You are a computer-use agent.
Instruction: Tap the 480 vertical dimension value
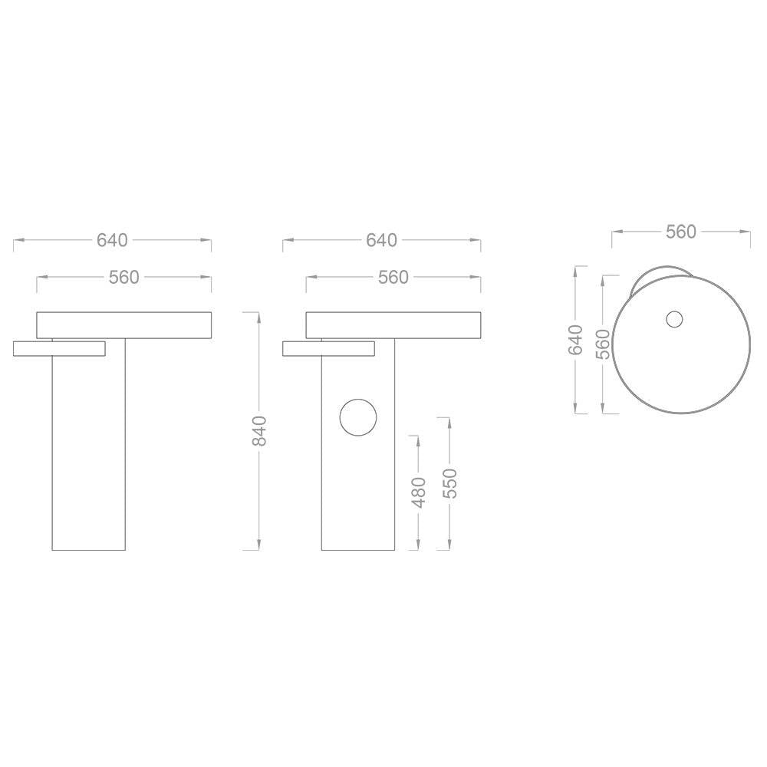coord(418,492)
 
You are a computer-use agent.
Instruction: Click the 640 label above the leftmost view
coord(112,240)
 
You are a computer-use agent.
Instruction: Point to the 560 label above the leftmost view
coord(123,277)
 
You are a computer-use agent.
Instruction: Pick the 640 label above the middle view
coord(381,240)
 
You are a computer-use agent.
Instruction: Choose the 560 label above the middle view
coord(393,277)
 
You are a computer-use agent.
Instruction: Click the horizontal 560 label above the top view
coord(680,232)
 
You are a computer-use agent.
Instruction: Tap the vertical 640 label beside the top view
coord(576,339)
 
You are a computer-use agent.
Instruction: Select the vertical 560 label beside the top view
coord(603,344)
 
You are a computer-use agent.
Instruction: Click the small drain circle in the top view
coord(674,319)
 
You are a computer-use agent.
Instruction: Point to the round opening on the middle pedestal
coord(358,418)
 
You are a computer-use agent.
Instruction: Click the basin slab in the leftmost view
coord(123,324)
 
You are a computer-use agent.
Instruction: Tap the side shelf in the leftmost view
coord(58,348)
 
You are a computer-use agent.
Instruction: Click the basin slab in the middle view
coord(393,324)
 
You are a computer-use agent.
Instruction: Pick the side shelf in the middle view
coord(328,348)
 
